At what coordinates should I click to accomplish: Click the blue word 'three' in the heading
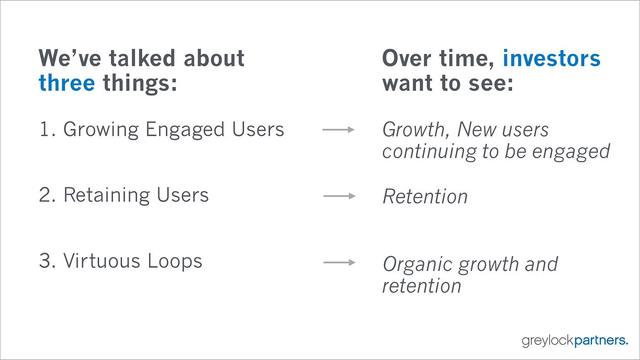tap(67, 83)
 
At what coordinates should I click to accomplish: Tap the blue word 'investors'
tap(551, 58)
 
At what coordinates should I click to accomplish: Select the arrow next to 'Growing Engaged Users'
tap(338, 130)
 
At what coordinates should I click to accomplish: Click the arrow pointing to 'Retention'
tap(339, 196)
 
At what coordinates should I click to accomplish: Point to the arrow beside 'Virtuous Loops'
tap(339, 262)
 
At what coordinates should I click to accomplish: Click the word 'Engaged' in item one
tap(185, 131)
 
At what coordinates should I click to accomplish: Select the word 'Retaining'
tap(107, 196)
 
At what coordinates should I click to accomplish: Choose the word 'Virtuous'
tap(101, 261)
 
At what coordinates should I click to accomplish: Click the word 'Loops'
tap(175, 262)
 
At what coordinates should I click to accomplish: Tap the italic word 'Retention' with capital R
tap(425, 196)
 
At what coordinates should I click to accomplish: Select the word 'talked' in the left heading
tap(142, 58)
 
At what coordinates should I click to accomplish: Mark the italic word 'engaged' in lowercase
tap(571, 152)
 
